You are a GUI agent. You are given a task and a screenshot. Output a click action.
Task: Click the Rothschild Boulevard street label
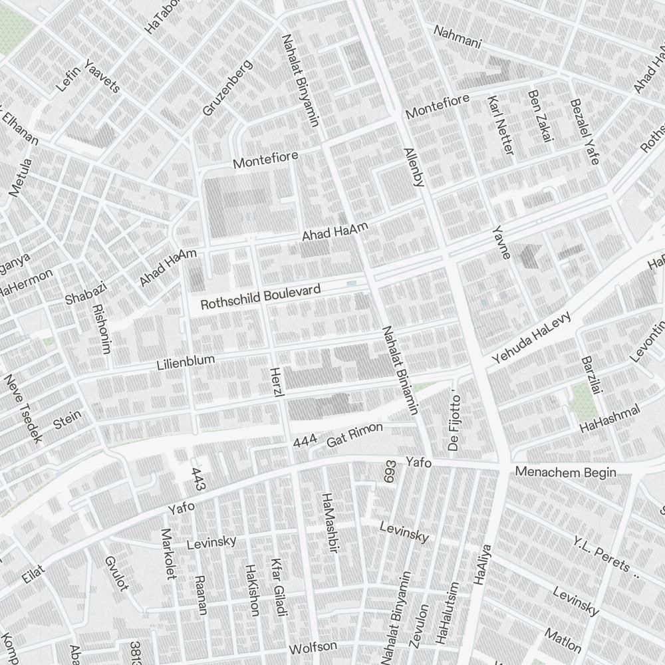[x=261, y=297]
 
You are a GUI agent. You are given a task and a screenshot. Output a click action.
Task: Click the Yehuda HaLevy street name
[x=531, y=338]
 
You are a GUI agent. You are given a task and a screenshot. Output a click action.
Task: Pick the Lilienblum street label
[x=186, y=362]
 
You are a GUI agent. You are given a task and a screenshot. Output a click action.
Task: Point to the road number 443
[x=198, y=479]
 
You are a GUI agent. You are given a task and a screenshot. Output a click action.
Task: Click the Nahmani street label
[x=457, y=37]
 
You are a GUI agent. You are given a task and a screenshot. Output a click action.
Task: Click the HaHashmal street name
[x=610, y=418]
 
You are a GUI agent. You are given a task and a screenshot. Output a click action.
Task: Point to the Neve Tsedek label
[x=23, y=408]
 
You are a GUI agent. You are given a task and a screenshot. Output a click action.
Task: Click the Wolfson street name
[x=313, y=647]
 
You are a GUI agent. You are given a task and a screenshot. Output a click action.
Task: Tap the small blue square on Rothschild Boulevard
[x=351, y=285]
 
